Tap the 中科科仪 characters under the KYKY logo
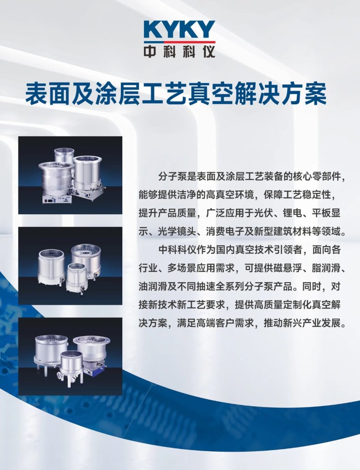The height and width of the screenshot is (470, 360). pyautogui.click(x=179, y=51)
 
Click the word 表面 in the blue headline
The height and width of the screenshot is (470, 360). pyautogui.click(x=41, y=94)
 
